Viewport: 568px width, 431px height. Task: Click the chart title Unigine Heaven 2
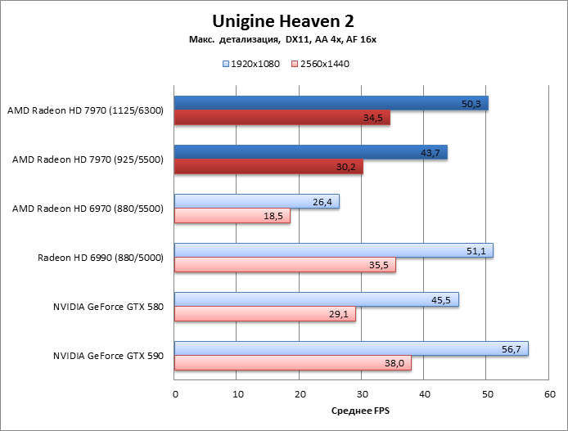[283, 20]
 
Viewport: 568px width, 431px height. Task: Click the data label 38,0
[397, 363]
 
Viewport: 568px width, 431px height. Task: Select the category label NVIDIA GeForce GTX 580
[109, 308]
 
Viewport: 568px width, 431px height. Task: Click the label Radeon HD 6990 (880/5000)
[101, 258]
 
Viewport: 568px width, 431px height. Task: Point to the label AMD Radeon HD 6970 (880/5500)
[88, 209]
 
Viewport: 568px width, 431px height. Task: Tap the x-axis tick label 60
[549, 394]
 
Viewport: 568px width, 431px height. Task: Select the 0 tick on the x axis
[175, 394]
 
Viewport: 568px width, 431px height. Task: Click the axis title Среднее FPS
[361, 411]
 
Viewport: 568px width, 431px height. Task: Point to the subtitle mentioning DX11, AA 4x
[282, 39]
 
